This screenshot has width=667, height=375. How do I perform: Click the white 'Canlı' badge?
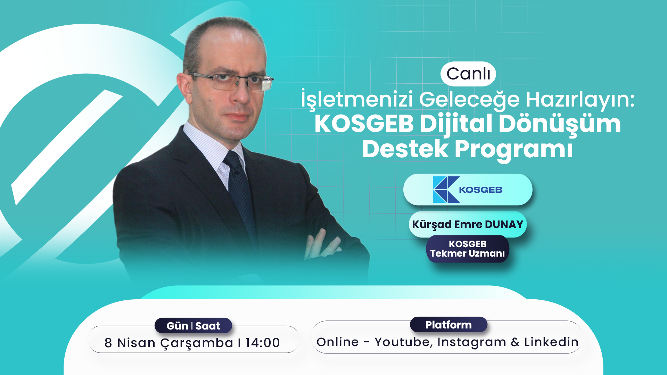468,74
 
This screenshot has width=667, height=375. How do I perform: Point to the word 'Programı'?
514,150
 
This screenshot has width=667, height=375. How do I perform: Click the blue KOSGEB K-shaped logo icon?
446,190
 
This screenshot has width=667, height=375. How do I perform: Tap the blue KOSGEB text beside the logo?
481,190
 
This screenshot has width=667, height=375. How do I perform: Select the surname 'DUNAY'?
504,224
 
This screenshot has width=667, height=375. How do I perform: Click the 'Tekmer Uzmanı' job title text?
468,253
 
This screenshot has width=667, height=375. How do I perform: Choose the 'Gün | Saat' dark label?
193,326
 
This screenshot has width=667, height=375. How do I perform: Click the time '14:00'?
263,343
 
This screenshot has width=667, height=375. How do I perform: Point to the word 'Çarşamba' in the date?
197,343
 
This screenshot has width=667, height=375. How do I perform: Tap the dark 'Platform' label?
448,325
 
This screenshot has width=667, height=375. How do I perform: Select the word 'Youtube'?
404,342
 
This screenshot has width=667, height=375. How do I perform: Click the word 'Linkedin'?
551,342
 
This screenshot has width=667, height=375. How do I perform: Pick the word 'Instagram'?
472,343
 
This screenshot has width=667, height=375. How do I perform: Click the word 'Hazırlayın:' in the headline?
580,100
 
